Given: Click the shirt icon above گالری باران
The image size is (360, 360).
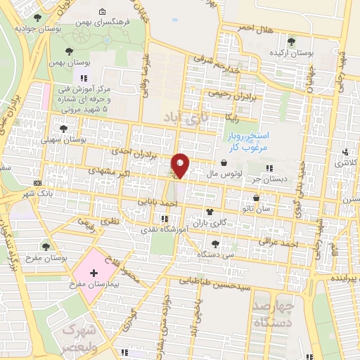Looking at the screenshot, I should pos(210,211).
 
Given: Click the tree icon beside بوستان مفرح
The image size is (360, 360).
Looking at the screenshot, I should pos(46,247).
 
